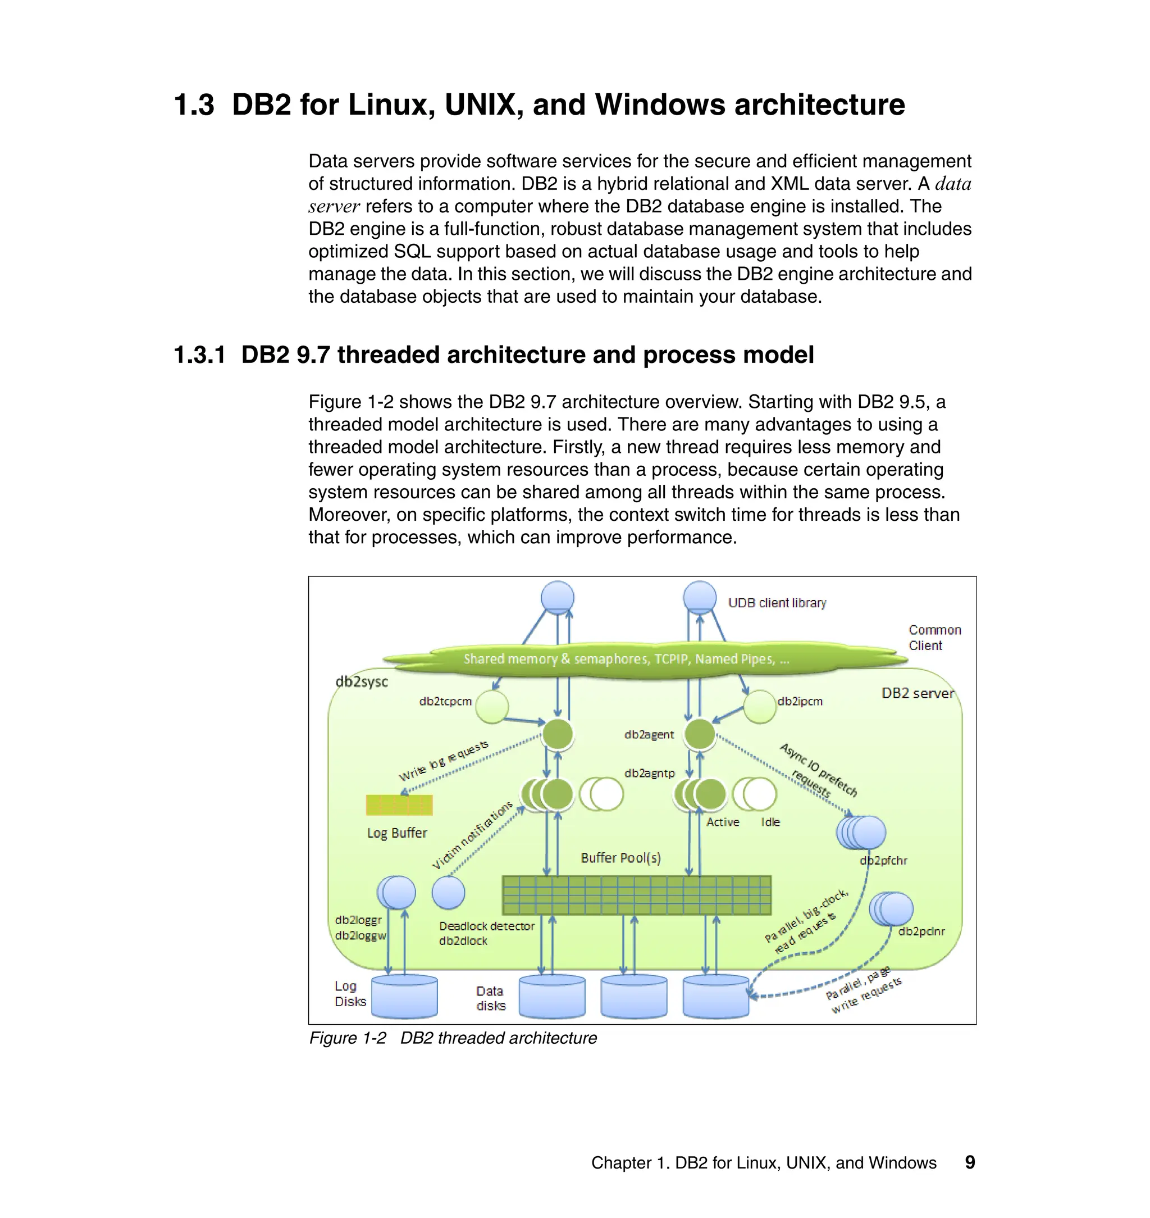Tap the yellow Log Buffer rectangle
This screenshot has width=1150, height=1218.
[x=399, y=805]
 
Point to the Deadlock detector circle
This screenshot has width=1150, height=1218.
[x=448, y=892]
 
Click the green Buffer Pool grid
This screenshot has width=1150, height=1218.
[x=636, y=895]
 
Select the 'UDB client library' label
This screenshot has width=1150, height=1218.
[x=777, y=603]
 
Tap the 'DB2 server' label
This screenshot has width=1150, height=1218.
[x=917, y=693]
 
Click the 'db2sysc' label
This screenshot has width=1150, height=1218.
[x=362, y=681]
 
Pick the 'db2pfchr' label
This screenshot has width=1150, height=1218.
[x=883, y=861]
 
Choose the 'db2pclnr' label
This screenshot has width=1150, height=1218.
[x=921, y=931]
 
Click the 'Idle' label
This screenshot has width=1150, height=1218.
[x=770, y=822]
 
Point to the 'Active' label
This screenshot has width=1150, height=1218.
[x=723, y=822]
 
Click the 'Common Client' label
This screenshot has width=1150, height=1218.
[x=934, y=637]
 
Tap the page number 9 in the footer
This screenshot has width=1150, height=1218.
[x=970, y=1162]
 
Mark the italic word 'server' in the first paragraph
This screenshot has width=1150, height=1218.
[x=334, y=207]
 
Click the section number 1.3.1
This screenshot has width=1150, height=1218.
[x=200, y=355]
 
